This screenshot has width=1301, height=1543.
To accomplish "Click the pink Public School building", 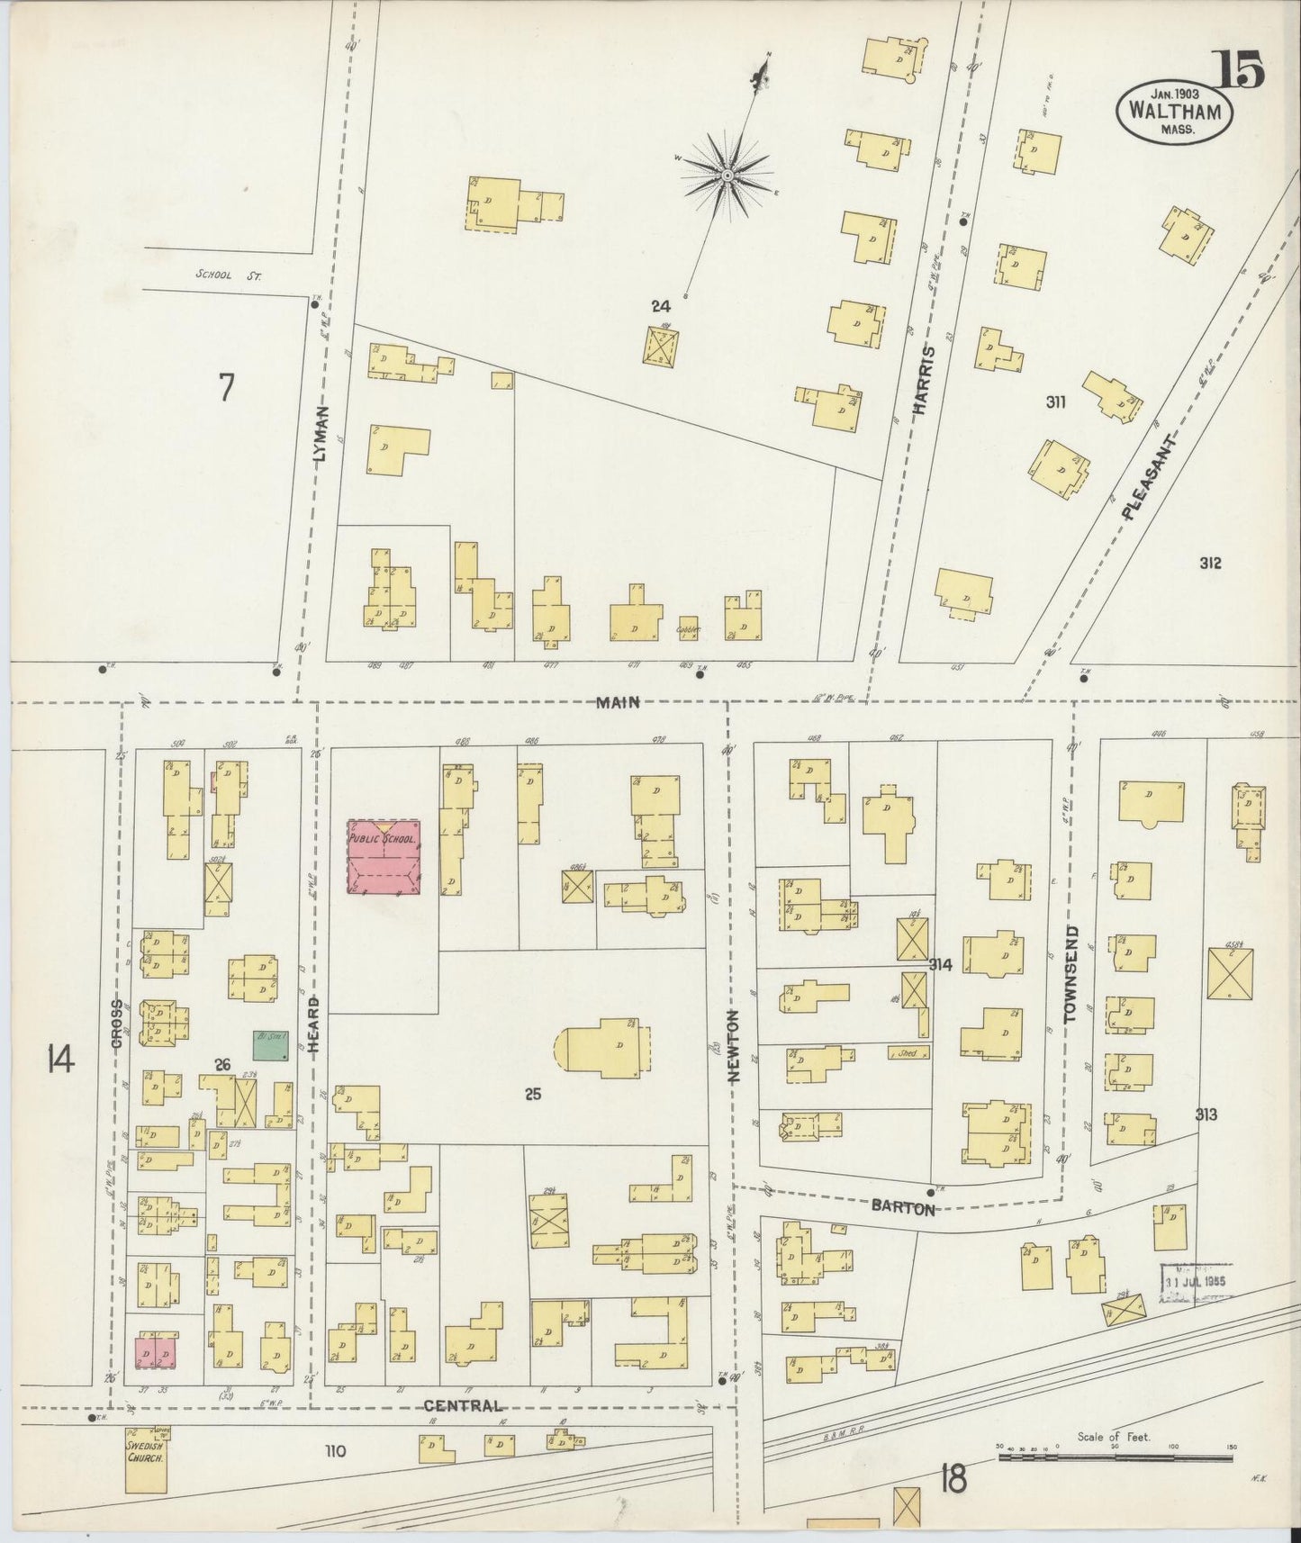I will pos(384,855).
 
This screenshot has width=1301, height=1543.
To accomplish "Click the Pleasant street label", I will pos(1150,477).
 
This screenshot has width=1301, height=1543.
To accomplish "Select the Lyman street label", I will pos(322,434).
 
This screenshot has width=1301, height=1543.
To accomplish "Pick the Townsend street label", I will pos(1070,973).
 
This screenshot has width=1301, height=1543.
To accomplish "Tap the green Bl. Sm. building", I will pos(271,1044).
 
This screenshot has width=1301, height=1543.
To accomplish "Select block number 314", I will pos(941,965).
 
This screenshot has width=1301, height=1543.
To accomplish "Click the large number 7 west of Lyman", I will pos(226,388).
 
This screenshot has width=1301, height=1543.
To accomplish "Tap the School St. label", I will pos(227,276).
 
